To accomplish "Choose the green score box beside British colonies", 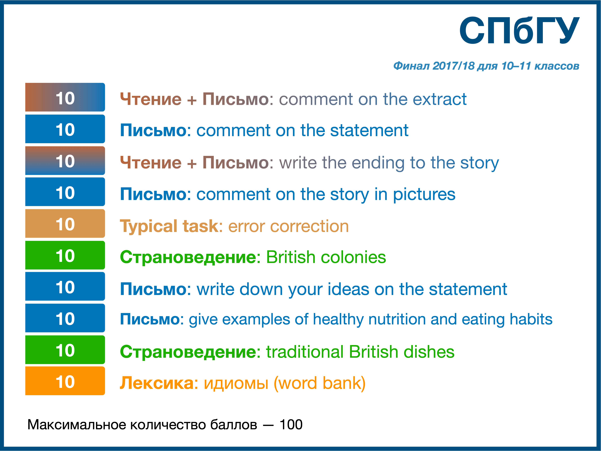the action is [x=65, y=255].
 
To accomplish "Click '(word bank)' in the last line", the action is [x=320, y=383].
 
